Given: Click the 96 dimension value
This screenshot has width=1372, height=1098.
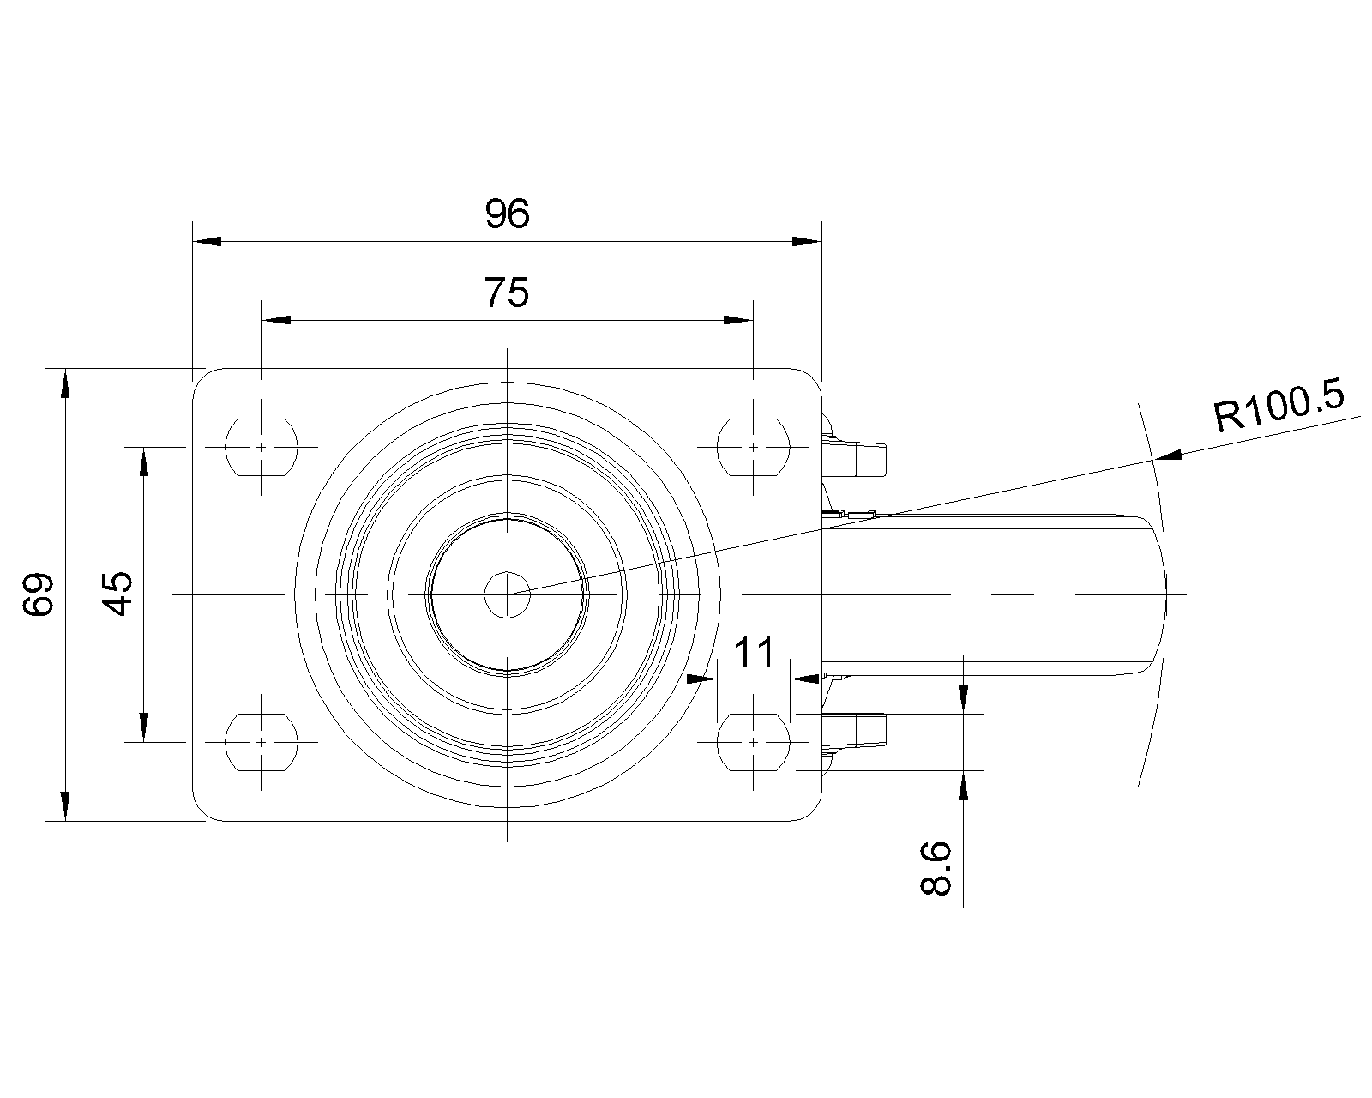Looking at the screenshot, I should click(x=507, y=214).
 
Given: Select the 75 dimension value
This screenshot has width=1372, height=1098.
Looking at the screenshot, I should click(x=507, y=293).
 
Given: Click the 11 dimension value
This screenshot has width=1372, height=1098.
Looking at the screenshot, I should click(x=755, y=653).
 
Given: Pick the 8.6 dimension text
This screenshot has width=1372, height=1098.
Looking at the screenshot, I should click(x=936, y=868).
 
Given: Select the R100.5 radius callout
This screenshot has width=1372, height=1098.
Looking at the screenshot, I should click(x=1278, y=408).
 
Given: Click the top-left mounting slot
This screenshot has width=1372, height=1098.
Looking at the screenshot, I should click(x=261, y=447).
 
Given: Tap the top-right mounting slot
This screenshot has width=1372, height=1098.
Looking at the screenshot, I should click(x=753, y=447).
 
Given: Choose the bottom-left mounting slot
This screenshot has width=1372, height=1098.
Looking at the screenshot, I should click(x=261, y=741).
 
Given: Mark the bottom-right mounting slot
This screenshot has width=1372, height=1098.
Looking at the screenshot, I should click(x=753, y=741).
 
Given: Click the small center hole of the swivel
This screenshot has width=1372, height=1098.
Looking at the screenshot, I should click(x=508, y=594).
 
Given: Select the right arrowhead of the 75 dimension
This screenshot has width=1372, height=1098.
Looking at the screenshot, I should click(x=738, y=321).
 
